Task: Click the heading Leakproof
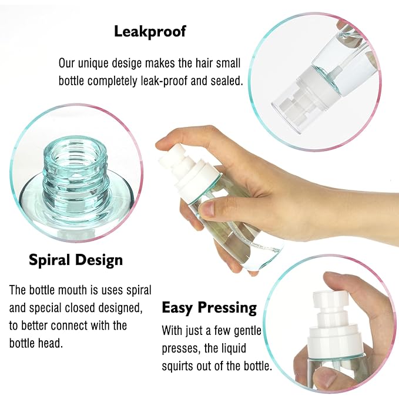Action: tap(149, 31)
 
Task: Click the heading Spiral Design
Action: tap(76, 260)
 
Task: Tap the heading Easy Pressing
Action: tap(209, 307)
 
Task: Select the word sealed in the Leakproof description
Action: tap(227, 81)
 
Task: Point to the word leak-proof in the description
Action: tap(168, 81)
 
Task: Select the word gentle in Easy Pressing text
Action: tap(246, 330)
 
